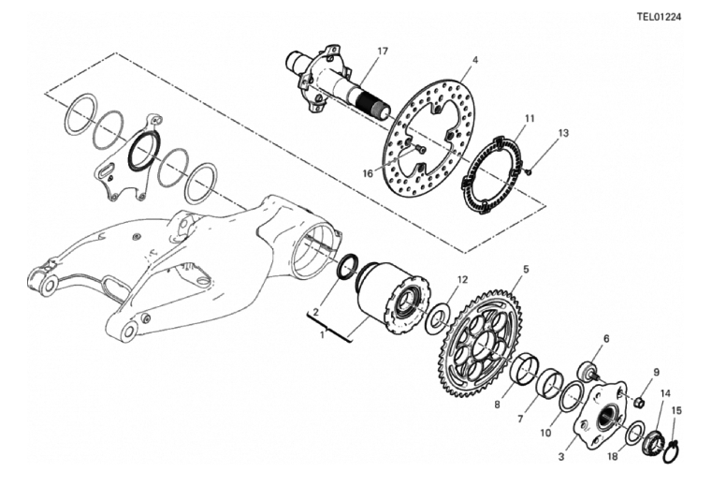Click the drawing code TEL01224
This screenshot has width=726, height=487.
[659, 17]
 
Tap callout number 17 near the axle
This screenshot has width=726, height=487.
[383, 51]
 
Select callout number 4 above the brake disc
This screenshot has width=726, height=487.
[475, 60]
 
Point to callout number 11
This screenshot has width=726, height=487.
[530, 118]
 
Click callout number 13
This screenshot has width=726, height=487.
[562, 133]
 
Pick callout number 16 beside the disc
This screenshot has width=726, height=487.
[368, 173]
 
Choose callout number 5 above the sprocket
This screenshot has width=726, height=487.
[526, 269]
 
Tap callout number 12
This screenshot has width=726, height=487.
[462, 280]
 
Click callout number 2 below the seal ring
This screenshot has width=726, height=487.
[316, 312]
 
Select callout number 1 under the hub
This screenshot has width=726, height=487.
[323, 334]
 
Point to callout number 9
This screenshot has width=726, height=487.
[656, 372]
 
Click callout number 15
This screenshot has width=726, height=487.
[676, 410]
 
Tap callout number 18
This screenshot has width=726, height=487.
[612, 457]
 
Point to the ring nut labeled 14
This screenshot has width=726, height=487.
[653, 441]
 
